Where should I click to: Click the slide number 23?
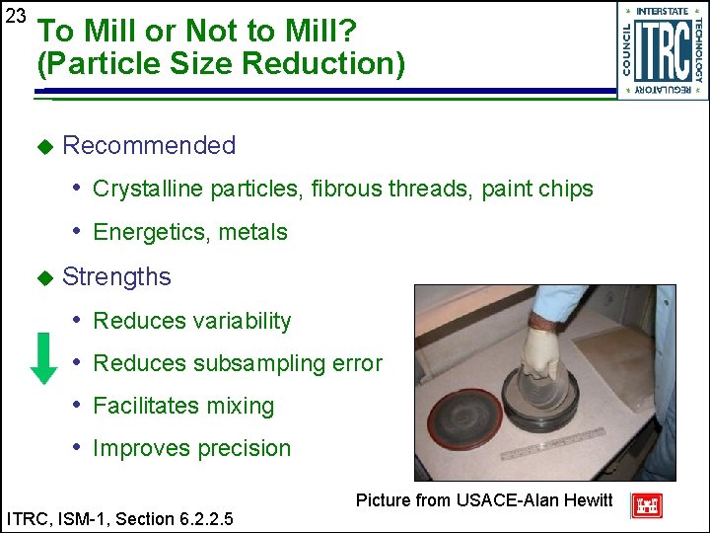click(15, 17)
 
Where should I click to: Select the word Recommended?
click(149, 145)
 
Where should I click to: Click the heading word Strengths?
click(116, 276)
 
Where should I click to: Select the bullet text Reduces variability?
click(192, 321)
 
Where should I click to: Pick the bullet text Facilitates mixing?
click(183, 406)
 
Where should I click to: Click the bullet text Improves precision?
click(192, 448)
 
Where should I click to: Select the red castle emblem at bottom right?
click(646, 504)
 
